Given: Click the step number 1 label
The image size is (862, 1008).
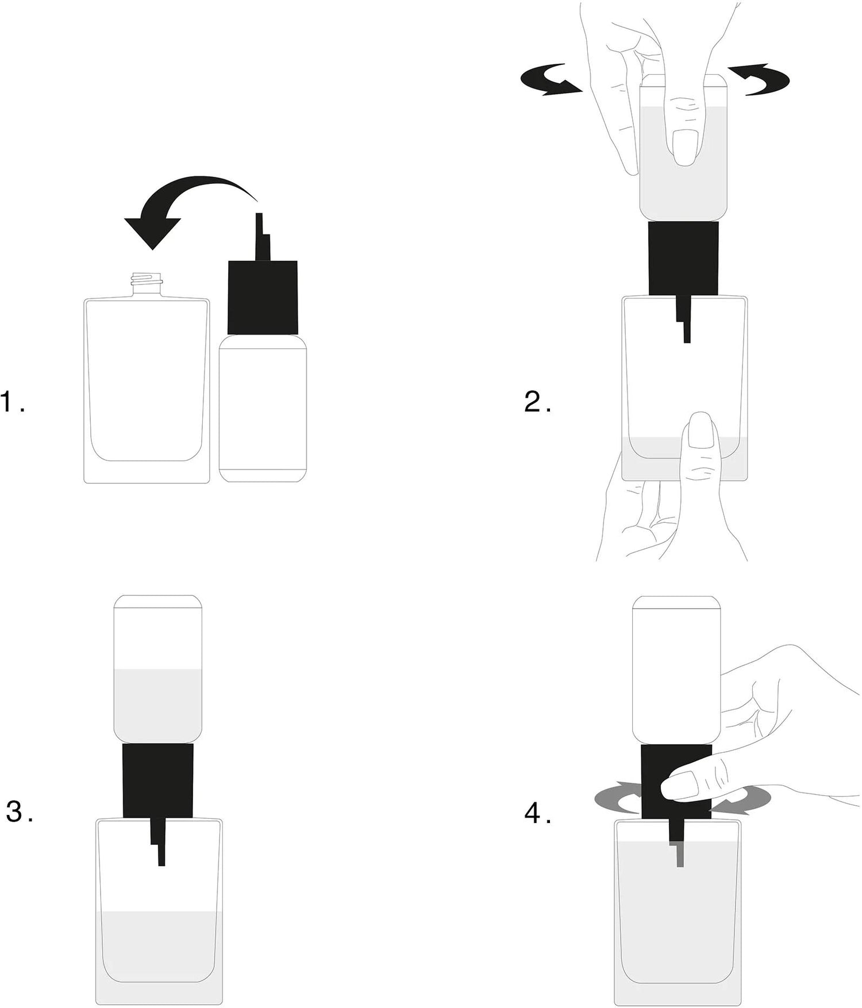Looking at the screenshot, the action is (13, 402).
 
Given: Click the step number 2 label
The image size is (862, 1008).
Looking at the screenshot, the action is (538, 402).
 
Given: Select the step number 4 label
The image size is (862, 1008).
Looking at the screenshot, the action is (538, 813).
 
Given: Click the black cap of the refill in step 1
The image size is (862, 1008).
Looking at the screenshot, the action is (263, 298).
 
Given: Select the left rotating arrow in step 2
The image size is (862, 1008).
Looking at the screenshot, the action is (551, 80).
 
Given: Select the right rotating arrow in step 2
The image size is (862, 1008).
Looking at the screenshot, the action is (759, 79).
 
